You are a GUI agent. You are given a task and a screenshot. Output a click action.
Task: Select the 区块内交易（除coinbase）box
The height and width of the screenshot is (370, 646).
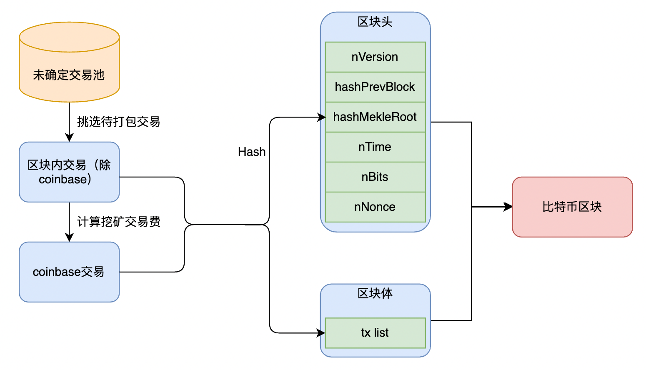click(x=69, y=172)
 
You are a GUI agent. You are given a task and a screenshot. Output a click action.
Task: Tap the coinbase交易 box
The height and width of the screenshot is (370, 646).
click(x=69, y=272)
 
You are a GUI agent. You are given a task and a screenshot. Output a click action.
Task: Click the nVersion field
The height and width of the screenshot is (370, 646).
click(x=375, y=57)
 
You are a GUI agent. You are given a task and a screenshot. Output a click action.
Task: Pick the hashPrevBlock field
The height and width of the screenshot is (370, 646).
click(x=375, y=87)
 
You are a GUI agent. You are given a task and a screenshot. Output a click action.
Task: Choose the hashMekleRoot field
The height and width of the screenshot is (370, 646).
click(x=375, y=117)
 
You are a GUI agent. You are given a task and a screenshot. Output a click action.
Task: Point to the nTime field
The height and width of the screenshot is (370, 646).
click(x=375, y=147)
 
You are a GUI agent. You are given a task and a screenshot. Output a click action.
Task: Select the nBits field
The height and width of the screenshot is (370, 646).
click(x=375, y=177)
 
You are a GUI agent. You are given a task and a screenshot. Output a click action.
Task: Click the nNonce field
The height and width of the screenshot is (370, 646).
click(x=375, y=207)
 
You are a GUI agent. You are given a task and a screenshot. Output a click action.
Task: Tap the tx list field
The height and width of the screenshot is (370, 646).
click(x=375, y=333)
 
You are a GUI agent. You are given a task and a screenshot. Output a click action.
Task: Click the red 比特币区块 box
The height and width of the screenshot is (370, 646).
click(x=572, y=207)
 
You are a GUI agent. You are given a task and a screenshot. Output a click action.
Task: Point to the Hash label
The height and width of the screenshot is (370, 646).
click(x=252, y=152)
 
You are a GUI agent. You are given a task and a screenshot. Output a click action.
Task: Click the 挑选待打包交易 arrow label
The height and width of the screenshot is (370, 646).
click(x=118, y=122)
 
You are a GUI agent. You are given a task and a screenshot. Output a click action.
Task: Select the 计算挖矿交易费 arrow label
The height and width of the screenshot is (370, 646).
click(x=118, y=222)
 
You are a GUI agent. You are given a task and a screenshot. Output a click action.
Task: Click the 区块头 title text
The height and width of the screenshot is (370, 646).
click(x=375, y=22)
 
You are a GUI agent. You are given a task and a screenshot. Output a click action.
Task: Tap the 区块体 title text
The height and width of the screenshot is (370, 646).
click(x=375, y=293)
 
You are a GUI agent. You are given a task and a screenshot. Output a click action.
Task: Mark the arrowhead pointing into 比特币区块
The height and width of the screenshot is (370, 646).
click(x=508, y=207)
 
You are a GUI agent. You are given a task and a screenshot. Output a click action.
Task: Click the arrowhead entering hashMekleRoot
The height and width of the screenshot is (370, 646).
click(x=321, y=117)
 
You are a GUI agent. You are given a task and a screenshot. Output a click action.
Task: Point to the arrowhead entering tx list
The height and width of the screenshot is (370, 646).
click(x=321, y=333)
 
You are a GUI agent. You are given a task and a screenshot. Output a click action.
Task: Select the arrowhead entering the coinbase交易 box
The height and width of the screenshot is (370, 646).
click(x=69, y=237)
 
